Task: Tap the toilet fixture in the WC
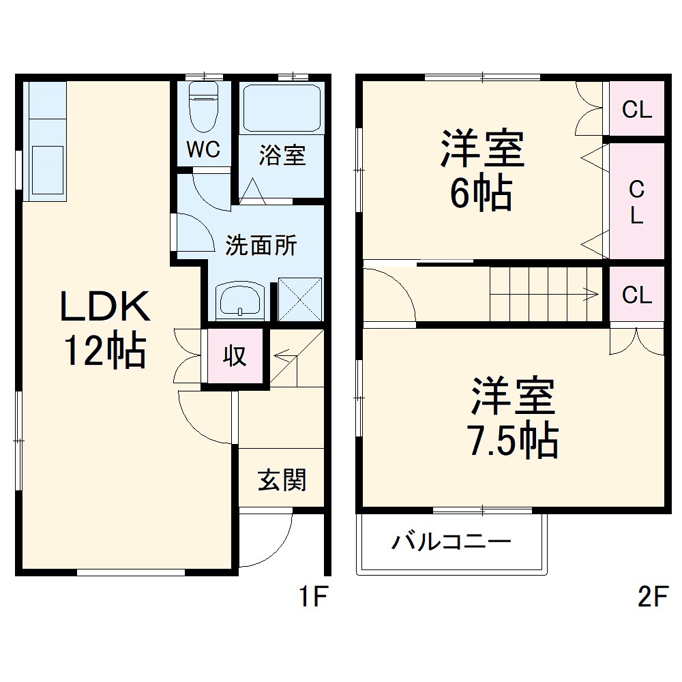click(203, 107)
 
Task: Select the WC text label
click(203, 150)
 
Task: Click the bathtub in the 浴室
click(281, 107)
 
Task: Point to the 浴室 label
click(281, 155)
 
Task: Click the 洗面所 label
click(261, 245)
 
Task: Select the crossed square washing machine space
click(299, 299)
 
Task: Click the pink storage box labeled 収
click(235, 356)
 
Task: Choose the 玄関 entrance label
click(281, 481)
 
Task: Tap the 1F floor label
click(314, 598)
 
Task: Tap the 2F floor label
click(651, 598)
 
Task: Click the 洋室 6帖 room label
click(481, 170)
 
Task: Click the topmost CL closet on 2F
click(637, 109)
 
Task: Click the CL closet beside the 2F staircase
click(637, 295)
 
